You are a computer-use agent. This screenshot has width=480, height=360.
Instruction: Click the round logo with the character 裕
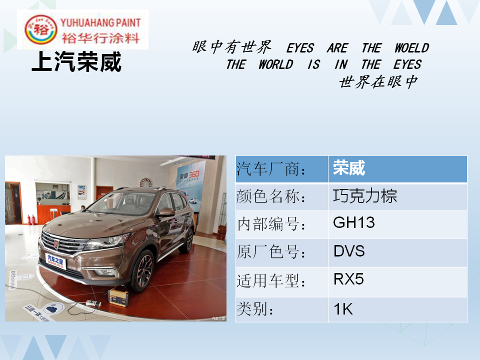tap(40, 29)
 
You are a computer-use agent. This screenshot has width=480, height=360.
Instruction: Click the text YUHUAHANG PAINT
tap(100, 22)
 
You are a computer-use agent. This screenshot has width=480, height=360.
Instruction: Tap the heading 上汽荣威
tap(76, 62)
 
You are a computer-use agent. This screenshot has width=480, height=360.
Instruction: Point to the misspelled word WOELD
tap(411, 48)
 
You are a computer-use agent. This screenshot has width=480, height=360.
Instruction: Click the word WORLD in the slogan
tap(276, 64)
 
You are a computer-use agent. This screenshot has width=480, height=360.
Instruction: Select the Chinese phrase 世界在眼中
tap(378, 81)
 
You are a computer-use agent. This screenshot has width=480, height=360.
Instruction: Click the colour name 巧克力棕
tap(365, 196)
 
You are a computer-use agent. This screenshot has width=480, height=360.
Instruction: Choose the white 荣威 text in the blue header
tap(349, 168)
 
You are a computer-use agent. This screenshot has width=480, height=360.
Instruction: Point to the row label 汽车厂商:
tap(271, 168)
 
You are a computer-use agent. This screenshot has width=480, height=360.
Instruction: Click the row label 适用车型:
tap(271, 280)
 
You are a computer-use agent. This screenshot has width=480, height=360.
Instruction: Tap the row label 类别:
tap(255, 308)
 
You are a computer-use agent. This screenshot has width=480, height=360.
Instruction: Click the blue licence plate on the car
tap(55, 261)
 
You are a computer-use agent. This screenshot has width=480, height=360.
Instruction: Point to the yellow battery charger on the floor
tap(118, 297)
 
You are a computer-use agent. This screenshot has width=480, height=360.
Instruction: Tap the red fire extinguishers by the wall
tap(31, 220)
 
